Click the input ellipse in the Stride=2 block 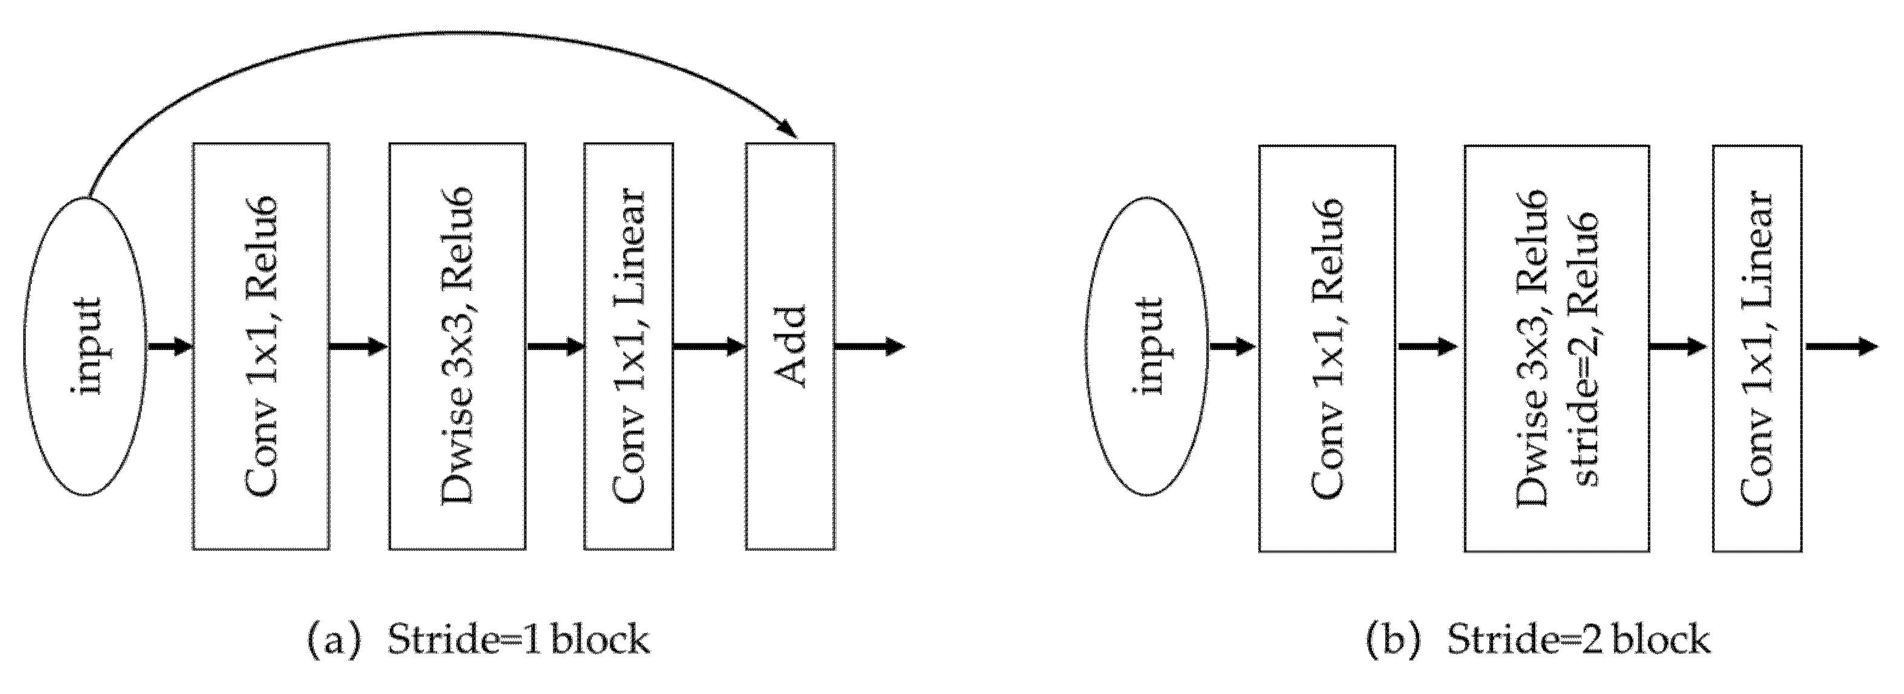(x=1147, y=346)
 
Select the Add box (x=790, y=346)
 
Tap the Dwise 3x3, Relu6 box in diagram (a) (x=457, y=346)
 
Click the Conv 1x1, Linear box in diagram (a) (x=628, y=346)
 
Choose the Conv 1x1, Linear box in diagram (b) (x=1757, y=348)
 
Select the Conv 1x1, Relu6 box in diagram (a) (x=261, y=346)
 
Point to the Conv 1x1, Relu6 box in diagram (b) (x=1327, y=348)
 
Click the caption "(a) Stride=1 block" (x=479, y=640)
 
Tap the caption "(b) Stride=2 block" (x=1537, y=640)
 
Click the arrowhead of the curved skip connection (x=790, y=132)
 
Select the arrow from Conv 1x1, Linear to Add (x=709, y=346)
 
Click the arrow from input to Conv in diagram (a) (x=170, y=346)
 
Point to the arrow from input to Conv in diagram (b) (x=1233, y=346)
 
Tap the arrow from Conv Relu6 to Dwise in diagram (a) (x=359, y=346)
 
